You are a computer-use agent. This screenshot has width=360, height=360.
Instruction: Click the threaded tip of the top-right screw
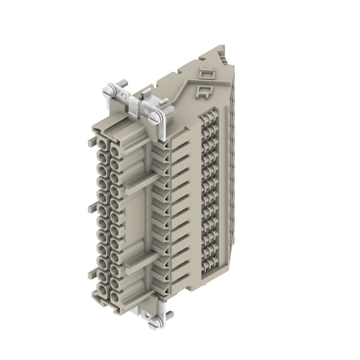click(170, 110)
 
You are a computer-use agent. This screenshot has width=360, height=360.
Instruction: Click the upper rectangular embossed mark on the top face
click(206, 72)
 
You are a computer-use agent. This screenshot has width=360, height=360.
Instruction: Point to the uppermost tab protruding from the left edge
click(89, 143)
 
